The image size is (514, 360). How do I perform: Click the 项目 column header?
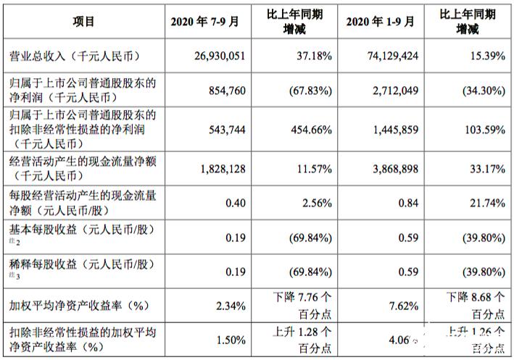[83, 21]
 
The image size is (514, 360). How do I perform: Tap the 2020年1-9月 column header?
[381, 21]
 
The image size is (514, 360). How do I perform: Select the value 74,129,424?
[389, 56]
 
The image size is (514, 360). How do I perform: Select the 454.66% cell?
[311, 130]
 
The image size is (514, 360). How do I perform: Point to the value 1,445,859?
[391, 130]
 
